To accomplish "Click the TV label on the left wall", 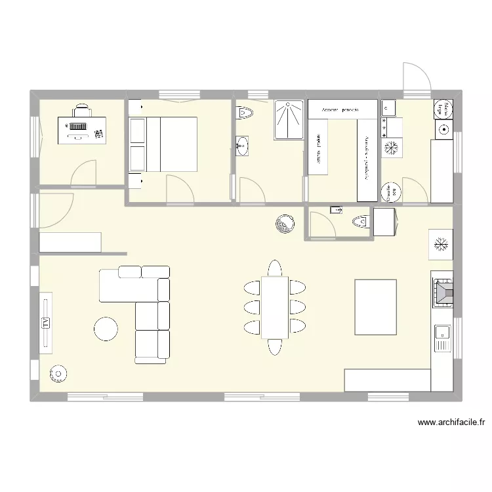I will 46,322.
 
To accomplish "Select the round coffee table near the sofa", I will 106,329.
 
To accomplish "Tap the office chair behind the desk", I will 81,110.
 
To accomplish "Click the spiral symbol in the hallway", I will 286,224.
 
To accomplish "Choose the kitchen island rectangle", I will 375,306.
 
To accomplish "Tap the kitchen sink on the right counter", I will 441,338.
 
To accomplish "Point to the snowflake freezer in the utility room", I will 392,148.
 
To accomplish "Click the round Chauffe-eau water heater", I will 392,192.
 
